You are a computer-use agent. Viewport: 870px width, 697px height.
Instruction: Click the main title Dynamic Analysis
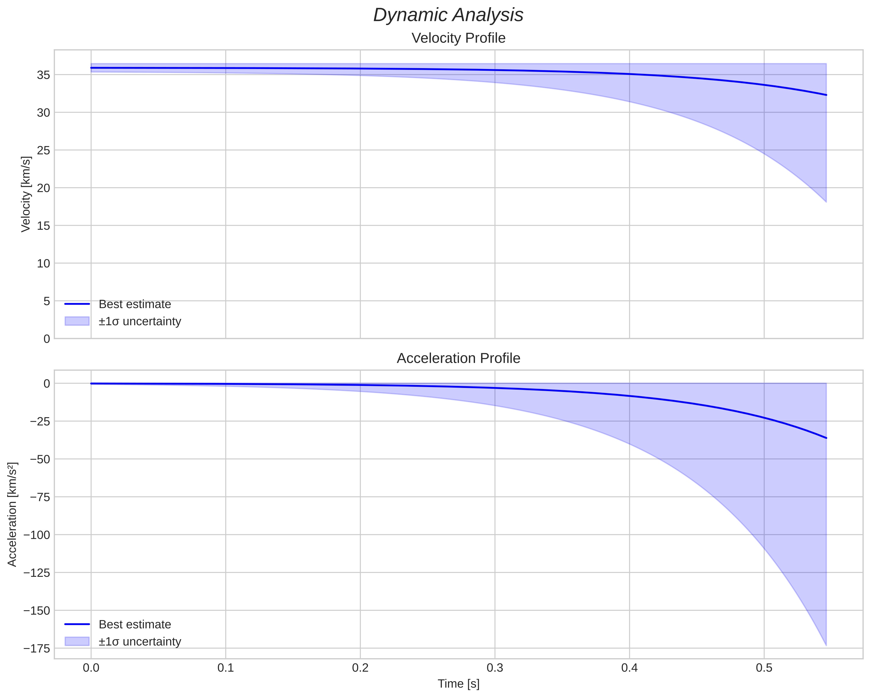point(448,15)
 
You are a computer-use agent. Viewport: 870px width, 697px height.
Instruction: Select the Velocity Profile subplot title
point(458,38)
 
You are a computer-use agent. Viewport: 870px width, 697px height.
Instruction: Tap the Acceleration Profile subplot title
point(458,358)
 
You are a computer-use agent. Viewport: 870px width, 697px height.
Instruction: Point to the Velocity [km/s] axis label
point(26,194)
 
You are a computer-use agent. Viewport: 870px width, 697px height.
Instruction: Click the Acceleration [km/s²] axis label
point(12,514)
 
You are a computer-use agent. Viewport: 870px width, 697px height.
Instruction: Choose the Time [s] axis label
point(458,684)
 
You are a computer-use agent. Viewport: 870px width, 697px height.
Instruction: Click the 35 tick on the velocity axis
point(43,75)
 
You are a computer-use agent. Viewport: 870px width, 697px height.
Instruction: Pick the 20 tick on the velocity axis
point(43,188)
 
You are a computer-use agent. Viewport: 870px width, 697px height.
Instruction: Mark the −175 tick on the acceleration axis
point(37,648)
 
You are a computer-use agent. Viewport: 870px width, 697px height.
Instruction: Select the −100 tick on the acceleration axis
point(37,535)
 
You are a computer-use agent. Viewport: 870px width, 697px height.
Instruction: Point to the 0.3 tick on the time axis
point(495,668)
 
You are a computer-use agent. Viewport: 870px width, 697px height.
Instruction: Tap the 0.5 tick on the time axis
point(764,668)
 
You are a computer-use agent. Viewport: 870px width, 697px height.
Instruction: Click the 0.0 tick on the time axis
point(91,668)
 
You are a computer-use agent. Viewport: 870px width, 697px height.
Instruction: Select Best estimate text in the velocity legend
point(135,304)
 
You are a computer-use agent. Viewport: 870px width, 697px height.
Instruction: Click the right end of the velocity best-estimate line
point(826,95)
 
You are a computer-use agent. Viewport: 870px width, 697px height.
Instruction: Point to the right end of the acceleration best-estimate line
point(826,438)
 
